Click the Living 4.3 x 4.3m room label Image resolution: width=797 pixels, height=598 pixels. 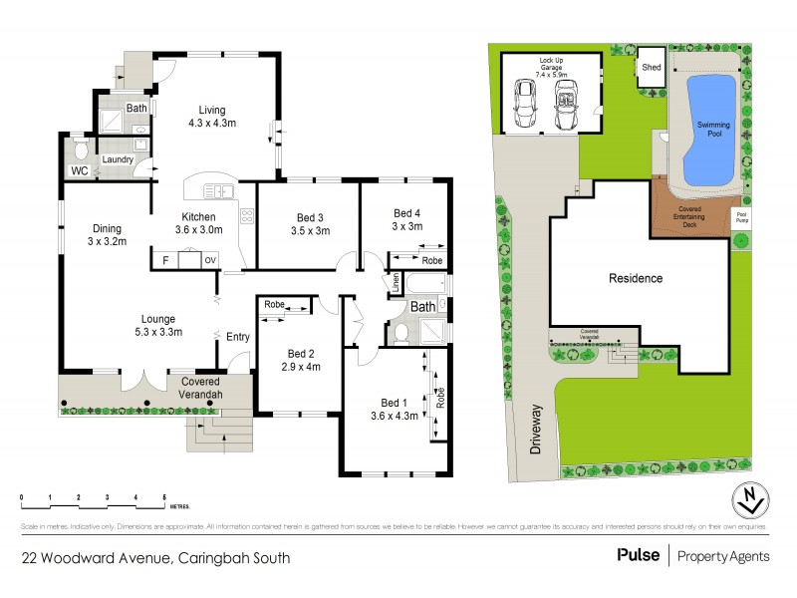[211, 118]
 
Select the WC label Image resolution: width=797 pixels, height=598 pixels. [80, 170]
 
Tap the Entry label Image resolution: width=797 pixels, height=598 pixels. [238, 337]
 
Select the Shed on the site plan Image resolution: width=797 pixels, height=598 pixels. [651, 67]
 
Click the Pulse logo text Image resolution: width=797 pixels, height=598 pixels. [638, 555]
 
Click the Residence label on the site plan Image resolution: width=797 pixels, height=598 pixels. [635, 278]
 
